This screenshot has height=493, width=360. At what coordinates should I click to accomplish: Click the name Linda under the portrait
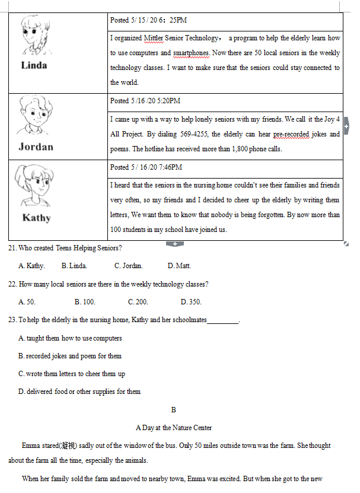point(34,65)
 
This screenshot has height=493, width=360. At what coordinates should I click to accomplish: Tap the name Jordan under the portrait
point(36,147)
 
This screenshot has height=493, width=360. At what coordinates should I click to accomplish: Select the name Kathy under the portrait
point(37,218)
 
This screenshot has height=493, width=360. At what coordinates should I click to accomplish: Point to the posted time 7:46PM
point(170,167)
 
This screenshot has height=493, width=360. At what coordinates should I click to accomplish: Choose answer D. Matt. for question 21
point(179,266)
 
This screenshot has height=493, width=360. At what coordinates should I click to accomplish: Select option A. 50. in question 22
point(27,302)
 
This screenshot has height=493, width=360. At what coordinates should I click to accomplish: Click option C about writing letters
point(72,374)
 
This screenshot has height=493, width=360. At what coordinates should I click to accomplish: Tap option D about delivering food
point(79,392)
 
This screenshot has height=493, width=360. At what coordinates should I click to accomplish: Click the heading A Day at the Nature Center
point(174,427)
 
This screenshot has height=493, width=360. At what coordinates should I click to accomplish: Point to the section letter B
point(174,410)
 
